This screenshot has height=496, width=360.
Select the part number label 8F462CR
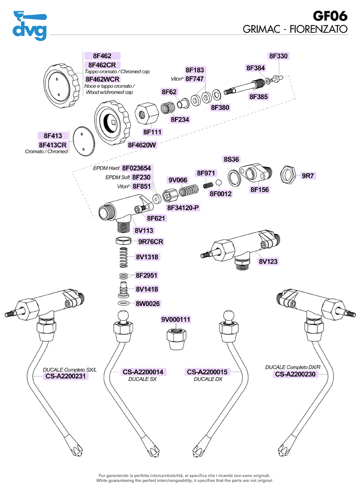pos(102,65)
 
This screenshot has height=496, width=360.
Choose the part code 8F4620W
pos(142,145)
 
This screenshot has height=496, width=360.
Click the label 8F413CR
pos(52,145)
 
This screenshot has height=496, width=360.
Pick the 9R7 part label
pos(308,176)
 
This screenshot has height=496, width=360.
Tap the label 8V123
pos(268,261)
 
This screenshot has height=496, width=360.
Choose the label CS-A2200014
pos(143,372)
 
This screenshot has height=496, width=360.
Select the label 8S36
pos(231,159)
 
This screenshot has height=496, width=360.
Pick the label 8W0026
pos(148,303)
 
